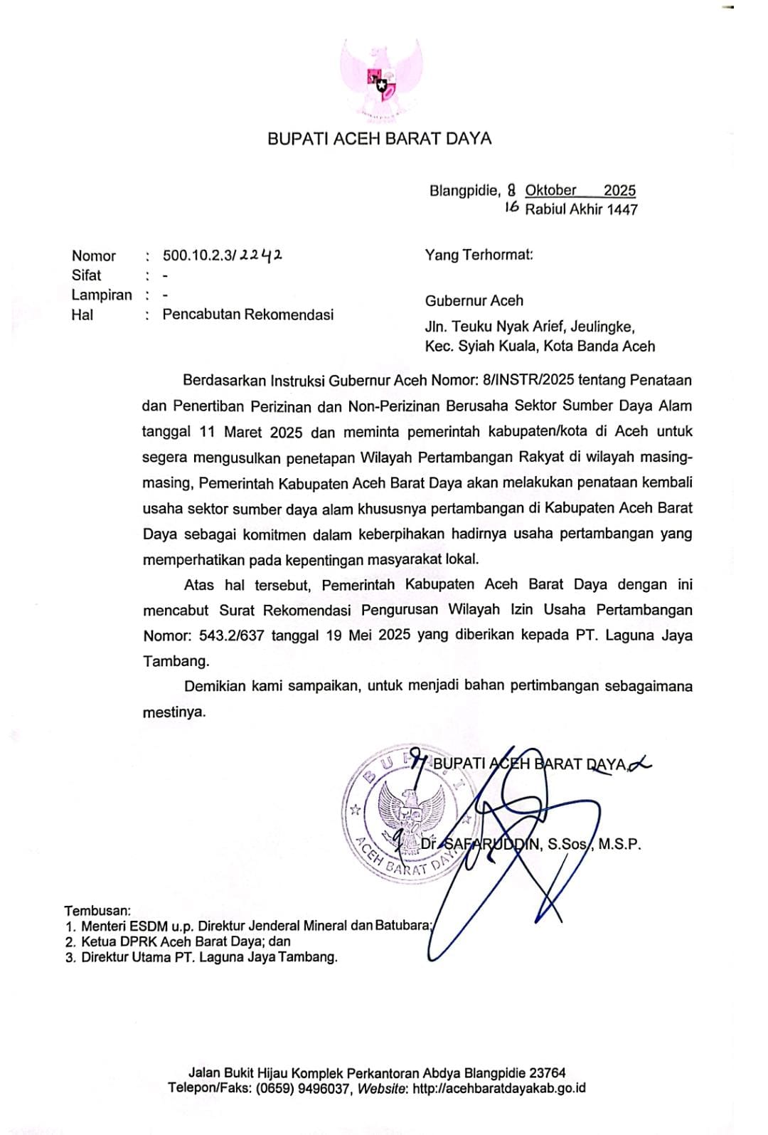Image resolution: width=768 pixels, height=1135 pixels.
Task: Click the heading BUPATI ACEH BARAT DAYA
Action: coord(379,139)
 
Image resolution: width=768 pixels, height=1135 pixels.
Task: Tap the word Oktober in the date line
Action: coord(550,190)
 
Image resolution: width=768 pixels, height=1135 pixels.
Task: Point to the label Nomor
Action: coord(93,256)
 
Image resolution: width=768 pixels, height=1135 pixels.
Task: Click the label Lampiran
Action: coord(102,295)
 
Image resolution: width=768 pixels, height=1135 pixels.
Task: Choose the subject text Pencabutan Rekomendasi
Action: coord(247,315)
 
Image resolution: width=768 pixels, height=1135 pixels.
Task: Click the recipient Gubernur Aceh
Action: coord(474,300)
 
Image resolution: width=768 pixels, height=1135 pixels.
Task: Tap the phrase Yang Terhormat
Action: coord(479,255)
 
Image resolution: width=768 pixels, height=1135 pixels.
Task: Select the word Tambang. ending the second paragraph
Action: coord(176,661)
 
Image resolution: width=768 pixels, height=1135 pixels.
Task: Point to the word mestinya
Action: coord(174,712)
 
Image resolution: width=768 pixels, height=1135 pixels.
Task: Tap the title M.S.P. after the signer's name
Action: coord(619,845)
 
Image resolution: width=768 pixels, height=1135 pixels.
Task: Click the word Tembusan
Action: coord(97,910)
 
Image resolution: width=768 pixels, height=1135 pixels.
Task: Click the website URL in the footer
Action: coord(498,1088)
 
